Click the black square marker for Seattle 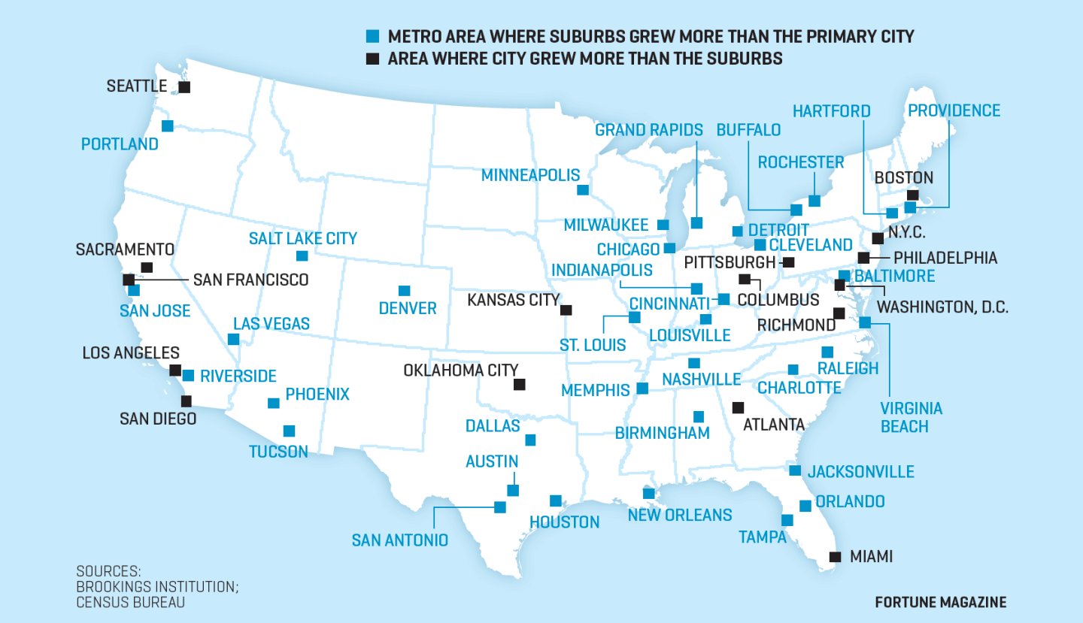pyautogui.click(x=184, y=87)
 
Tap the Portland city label pyautogui.click(x=120, y=144)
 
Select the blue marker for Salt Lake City pyautogui.click(x=302, y=256)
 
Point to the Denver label pyautogui.click(x=408, y=308)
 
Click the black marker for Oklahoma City pyautogui.click(x=519, y=385)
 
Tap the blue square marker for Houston pyautogui.click(x=556, y=501)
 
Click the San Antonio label pyautogui.click(x=399, y=540)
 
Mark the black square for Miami pyautogui.click(x=835, y=557)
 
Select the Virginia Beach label pyautogui.click(x=912, y=417)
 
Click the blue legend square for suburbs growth pyautogui.click(x=372, y=36)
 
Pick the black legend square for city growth pyautogui.click(x=372, y=59)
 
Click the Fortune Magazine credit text pyautogui.click(x=940, y=602)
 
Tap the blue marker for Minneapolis pyautogui.click(x=582, y=190)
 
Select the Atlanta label pyautogui.click(x=774, y=425)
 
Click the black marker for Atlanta pyautogui.click(x=739, y=407)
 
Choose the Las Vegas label pyautogui.click(x=271, y=324)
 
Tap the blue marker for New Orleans pyautogui.click(x=649, y=494)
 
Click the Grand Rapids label pyautogui.click(x=648, y=130)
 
